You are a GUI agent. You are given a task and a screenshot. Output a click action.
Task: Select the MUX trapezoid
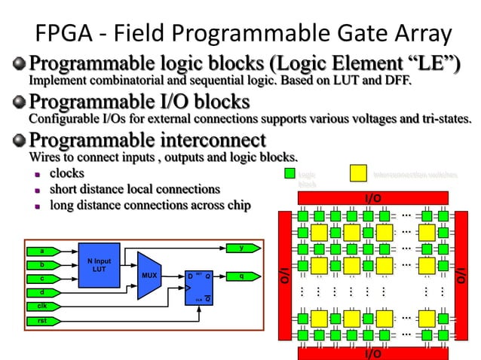151,276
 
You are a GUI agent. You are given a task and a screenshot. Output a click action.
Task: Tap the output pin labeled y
243,248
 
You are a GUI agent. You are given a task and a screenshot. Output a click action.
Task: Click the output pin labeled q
243,276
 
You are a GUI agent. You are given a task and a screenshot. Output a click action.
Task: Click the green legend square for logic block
289,174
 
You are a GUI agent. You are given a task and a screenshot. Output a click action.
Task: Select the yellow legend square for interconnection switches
358,174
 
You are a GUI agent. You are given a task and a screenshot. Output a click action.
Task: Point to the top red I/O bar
372,197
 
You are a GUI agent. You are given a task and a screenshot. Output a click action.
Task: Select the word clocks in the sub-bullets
66,174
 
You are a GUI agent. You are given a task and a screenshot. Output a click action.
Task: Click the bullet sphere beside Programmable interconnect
19,140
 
